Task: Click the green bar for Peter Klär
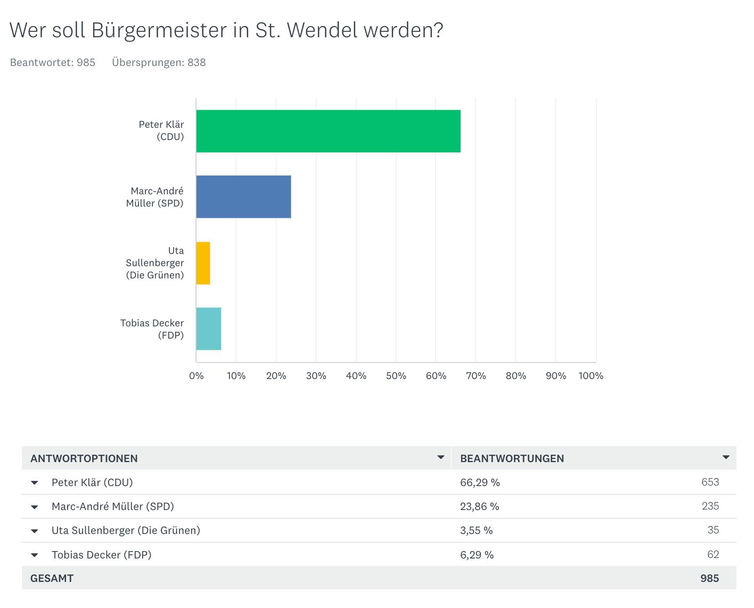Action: pyautogui.click(x=328, y=131)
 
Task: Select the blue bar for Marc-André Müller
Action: pyautogui.click(x=243, y=196)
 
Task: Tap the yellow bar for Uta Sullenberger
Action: pyautogui.click(x=203, y=263)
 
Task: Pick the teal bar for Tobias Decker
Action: pyautogui.click(x=208, y=328)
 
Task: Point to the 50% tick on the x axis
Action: pyautogui.click(x=396, y=376)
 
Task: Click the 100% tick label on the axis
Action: pyautogui.click(x=591, y=376)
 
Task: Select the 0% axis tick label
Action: pyautogui.click(x=196, y=376)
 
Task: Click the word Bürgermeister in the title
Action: pyautogui.click(x=159, y=30)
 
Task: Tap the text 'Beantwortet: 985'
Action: pyautogui.click(x=53, y=62)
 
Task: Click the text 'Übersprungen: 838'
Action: pyautogui.click(x=159, y=62)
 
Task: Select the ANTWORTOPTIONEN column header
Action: pyautogui.click(x=84, y=458)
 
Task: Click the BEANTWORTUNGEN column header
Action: pyautogui.click(x=512, y=458)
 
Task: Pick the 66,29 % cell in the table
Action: pyautogui.click(x=480, y=482)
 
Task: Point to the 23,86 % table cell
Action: pyautogui.click(x=479, y=506)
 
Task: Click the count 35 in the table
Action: pyautogui.click(x=713, y=530)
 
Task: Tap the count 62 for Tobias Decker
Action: pyautogui.click(x=713, y=555)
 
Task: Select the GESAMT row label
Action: pyautogui.click(x=52, y=578)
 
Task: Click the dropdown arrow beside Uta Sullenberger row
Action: pyautogui.click(x=35, y=531)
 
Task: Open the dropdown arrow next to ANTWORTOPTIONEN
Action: pyautogui.click(x=440, y=457)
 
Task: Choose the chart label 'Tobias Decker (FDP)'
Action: pyautogui.click(x=152, y=329)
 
